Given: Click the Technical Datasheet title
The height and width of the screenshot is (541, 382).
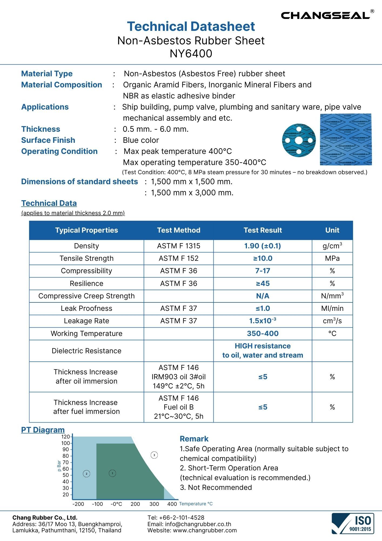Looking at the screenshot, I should tap(191, 27).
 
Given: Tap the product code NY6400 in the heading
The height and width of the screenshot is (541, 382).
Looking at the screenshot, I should tap(191, 54).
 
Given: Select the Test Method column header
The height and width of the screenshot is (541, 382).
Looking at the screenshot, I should tap(179, 230).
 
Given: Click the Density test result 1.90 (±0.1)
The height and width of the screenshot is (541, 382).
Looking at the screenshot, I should tap(262, 246).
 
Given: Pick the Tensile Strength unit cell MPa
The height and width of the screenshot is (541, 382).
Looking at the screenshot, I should tap(332, 258).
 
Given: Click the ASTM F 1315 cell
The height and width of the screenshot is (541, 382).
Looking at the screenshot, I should tap(179, 246).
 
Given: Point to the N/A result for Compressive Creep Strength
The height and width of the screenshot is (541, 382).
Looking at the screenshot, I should tap(262, 296).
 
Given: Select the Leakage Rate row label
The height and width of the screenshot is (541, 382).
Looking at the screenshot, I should tap(86, 321).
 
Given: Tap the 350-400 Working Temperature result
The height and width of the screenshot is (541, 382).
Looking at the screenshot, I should tap(262, 334).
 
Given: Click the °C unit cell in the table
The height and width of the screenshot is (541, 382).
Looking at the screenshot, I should tap(332, 334).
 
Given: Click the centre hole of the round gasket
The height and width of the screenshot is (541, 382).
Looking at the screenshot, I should tap(299, 140).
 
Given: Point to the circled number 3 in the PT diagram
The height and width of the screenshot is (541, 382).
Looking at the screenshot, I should tap(154, 455).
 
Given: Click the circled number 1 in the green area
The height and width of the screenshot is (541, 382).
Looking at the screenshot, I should tap(112, 473).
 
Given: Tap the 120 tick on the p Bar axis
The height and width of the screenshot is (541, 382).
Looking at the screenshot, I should tap(66, 437).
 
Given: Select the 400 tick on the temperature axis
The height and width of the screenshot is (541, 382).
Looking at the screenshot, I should tap(172, 504).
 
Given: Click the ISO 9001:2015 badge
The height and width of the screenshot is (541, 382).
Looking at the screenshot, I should tap(353, 524).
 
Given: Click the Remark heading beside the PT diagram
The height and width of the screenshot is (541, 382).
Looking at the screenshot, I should tap(194, 439).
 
